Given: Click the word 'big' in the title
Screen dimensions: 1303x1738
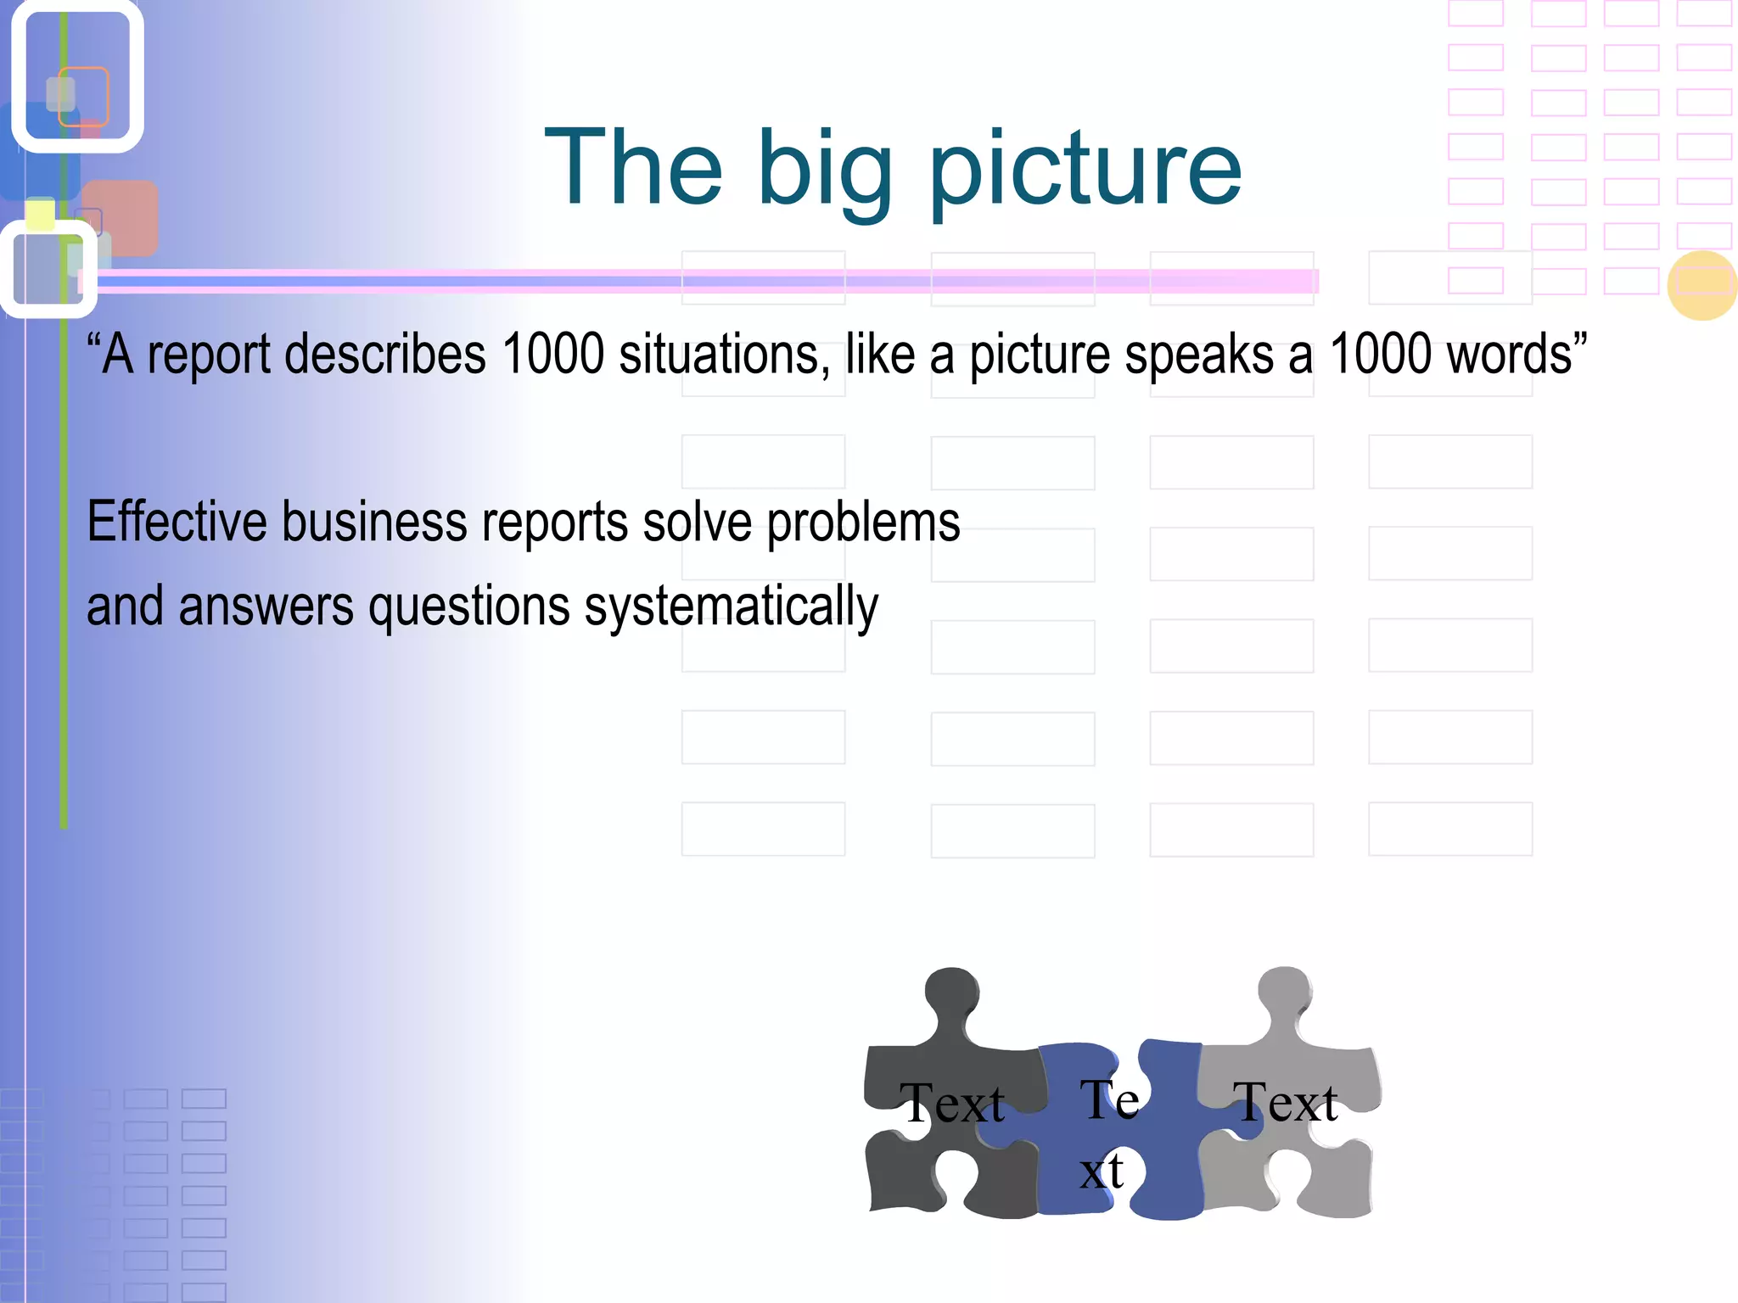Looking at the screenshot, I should pos(823,170).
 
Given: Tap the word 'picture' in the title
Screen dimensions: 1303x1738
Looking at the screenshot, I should pos(1086,170).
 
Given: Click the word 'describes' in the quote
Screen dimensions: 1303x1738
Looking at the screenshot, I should pos(385,354).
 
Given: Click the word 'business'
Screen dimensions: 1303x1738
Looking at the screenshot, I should pos(374,521).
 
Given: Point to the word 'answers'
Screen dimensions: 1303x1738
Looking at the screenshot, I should pos(266,607).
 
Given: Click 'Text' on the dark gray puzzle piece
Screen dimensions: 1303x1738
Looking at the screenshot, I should pos(952,1104).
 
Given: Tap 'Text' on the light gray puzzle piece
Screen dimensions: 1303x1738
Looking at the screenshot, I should pos(1286,1102).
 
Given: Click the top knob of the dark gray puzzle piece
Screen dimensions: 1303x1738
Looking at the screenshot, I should pos(952,993).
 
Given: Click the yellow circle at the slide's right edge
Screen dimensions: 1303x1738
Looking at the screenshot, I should pos(1702,285).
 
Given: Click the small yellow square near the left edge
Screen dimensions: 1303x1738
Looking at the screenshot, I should pos(40,214).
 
